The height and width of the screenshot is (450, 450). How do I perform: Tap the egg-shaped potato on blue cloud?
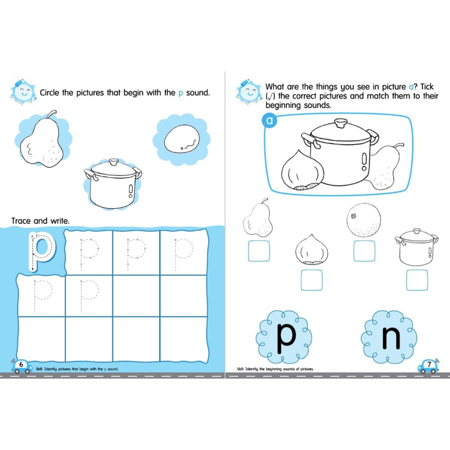pos(182,139)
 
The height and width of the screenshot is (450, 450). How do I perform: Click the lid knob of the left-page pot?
pos(114,162)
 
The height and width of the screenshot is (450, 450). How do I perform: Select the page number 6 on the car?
pos(21,364)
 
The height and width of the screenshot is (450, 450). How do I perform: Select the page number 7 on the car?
pos(429,364)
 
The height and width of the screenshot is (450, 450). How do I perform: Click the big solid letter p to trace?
pos(42,250)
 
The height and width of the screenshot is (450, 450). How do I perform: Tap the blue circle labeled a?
pos(269,120)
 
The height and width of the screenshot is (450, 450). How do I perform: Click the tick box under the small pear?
pos(259,251)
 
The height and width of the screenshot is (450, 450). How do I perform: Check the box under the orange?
pos(364,251)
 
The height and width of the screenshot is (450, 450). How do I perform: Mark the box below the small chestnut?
pos(312,280)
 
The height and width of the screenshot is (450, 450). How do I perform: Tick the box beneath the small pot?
pos(417,280)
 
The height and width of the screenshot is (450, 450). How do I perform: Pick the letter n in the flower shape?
pos(391,338)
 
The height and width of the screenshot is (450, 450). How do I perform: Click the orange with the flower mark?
pos(363,220)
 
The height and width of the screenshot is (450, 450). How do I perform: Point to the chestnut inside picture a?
pos(302,171)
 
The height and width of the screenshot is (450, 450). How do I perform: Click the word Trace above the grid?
pos(21,221)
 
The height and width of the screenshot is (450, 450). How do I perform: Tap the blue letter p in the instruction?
pos(181,94)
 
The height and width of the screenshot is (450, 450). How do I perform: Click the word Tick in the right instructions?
pos(427,87)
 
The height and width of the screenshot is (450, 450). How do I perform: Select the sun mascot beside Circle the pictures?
pos(23,92)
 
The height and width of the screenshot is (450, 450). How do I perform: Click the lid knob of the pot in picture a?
pos(341,124)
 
